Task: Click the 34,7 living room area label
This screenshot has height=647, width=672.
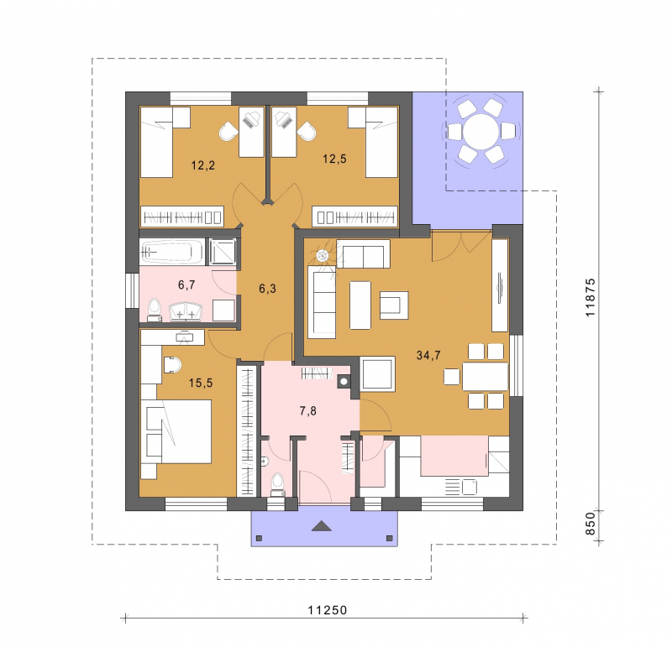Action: [x=428, y=356]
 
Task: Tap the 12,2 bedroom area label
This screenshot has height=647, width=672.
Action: [x=203, y=165]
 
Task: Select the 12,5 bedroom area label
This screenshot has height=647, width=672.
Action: [x=334, y=159]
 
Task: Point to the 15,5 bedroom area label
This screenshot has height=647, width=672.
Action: [x=201, y=383]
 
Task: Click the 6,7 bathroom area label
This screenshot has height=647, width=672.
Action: [x=186, y=284]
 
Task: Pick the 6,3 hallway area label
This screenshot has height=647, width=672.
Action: [x=267, y=289]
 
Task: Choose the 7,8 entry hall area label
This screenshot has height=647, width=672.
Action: [x=307, y=411]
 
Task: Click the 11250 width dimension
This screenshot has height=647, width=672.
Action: [x=328, y=610]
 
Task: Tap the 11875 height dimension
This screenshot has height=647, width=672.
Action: [x=591, y=298]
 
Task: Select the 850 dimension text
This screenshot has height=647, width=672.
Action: [x=591, y=524]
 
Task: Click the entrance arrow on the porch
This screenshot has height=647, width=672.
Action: [x=322, y=526]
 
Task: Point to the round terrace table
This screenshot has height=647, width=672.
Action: [x=480, y=132]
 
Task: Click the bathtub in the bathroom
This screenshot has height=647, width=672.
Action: [x=172, y=252]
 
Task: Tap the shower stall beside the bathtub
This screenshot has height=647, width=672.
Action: [x=223, y=252]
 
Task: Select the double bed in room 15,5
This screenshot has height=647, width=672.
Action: [x=179, y=431]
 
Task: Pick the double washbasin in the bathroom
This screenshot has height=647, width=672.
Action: [x=186, y=311]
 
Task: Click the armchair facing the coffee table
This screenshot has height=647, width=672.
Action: [x=394, y=305]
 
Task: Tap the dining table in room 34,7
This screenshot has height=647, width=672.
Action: [x=485, y=377]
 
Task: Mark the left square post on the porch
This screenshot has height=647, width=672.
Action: [x=259, y=538]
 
